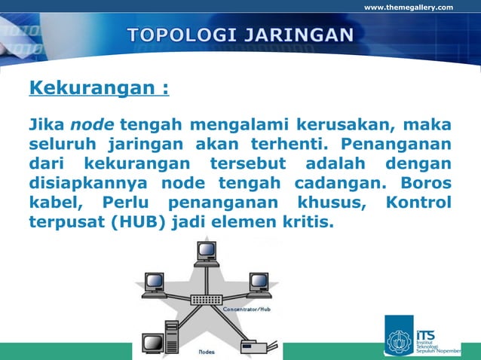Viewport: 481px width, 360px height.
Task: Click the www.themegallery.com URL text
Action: (409, 8)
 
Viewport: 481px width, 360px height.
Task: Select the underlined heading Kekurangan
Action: (98, 90)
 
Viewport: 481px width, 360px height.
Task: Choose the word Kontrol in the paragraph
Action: (418, 203)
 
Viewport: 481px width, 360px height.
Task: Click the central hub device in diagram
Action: (206, 300)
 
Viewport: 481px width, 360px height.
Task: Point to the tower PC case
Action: (171, 336)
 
